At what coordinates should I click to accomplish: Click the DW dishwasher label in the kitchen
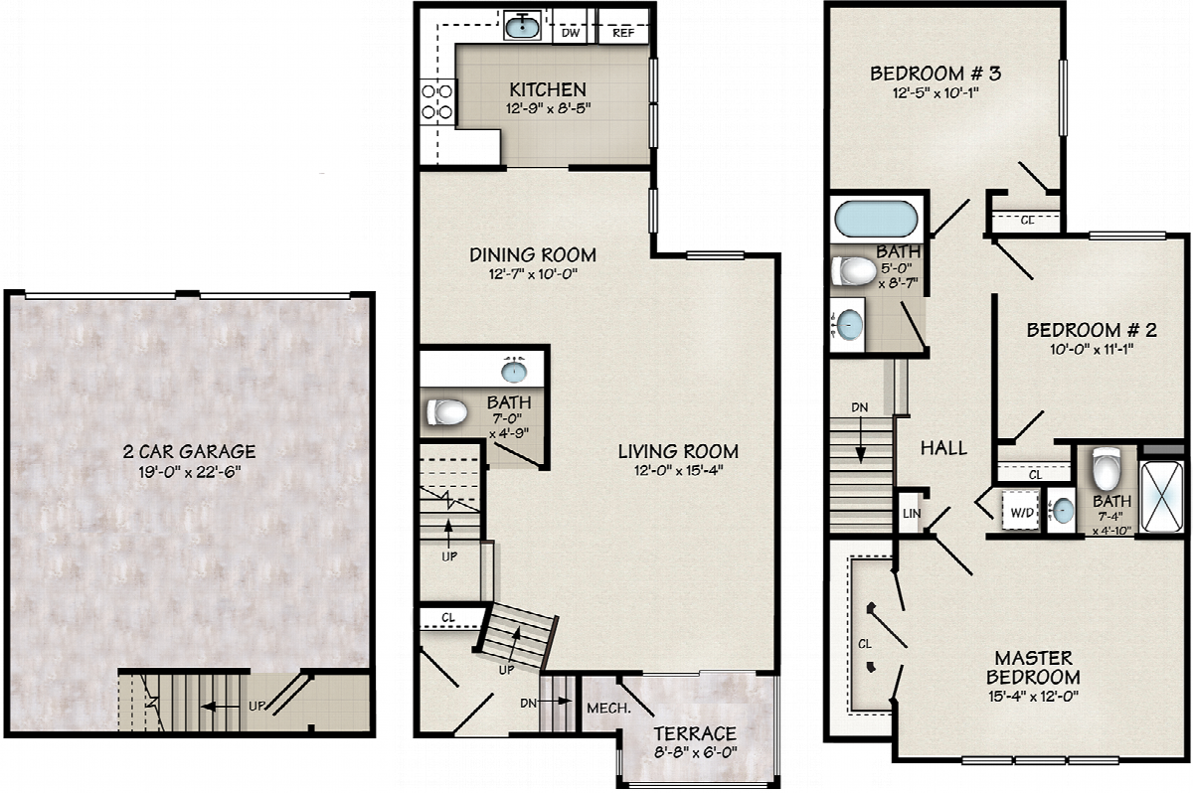[571, 33]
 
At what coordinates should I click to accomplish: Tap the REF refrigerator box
[623, 27]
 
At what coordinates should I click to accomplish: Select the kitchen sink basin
[522, 27]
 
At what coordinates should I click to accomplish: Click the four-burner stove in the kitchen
[437, 101]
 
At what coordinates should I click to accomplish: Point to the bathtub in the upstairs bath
[876, 220]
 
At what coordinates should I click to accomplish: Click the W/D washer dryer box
[1022, 512]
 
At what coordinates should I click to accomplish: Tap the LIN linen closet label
[912, 514]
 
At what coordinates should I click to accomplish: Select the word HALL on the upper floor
[943, 448]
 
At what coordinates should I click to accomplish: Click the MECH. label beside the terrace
[608, 709]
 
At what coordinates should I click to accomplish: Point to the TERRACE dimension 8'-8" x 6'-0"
[696, 752]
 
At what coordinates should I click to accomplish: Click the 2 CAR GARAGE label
[189, 452]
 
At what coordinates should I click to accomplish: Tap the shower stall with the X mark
[1164, 496]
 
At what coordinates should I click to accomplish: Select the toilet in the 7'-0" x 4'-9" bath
[446, 412]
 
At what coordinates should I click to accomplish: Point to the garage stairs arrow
[220, 707]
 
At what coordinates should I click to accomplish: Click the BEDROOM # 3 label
[936, 74]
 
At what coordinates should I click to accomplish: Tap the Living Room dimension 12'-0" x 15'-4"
[678, 470]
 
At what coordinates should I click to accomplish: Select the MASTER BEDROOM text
[1033, 668]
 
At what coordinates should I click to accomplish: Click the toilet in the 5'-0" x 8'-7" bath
[854, 271]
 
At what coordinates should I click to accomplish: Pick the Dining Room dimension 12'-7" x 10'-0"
[533, 274]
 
